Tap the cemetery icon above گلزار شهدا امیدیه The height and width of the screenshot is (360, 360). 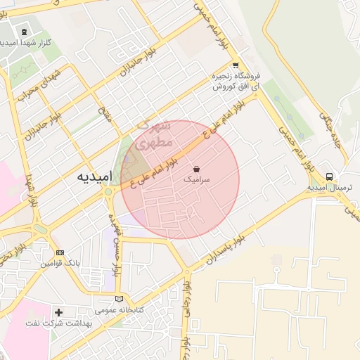tap(25, 32)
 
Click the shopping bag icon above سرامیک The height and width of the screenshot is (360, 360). tap(196, 169)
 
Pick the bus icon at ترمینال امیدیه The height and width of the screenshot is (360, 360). tap(330, 176)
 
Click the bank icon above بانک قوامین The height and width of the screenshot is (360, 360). tap(60, 253)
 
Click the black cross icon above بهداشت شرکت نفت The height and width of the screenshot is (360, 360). tap(58, 311)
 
